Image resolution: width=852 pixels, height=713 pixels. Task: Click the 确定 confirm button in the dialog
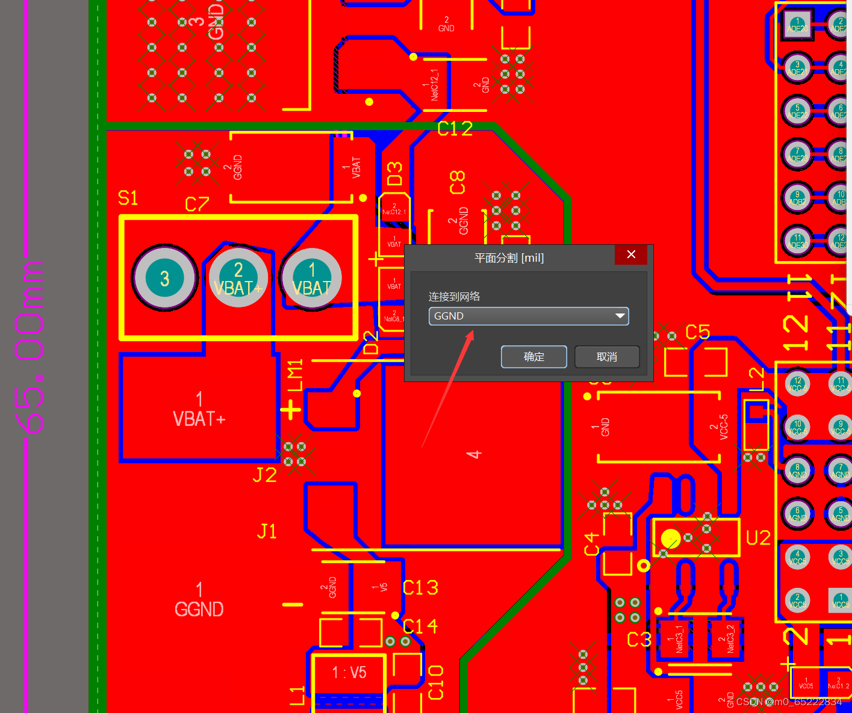[x=533, y=357]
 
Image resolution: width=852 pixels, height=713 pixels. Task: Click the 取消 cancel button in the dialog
[x=606, y=357]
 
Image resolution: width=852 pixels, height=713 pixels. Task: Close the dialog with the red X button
[x=630, y=255]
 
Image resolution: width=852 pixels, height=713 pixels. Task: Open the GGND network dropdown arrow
[x=620, y=316]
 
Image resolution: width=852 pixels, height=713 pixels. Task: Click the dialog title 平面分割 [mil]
[x=509, y=258]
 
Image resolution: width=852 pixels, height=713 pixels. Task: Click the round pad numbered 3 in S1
[x=164, y=278]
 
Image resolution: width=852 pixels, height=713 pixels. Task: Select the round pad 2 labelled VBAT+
[x=238, y=278]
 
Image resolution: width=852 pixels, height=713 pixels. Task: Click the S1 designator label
[x=128, y=198]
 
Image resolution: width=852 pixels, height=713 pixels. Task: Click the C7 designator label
[x=197, y=205]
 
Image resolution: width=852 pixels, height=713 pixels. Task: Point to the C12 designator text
[x=455, y=129]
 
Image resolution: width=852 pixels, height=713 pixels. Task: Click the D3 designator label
[x=394, y=173]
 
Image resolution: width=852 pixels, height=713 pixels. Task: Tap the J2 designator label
[x=264, y=475]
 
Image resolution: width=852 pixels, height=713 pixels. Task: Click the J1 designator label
[x=267, y=531]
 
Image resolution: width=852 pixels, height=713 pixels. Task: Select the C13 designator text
[x=420, y=588]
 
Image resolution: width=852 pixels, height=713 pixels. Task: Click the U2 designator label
[x=758, y=538]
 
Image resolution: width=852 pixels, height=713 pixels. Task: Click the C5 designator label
[x=698, y=332]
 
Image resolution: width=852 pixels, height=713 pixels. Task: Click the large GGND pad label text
[x=199, y=610]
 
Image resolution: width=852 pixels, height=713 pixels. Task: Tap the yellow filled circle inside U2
[x=670, y=538]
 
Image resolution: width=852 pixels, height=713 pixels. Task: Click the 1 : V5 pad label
[x=349, y=672]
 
